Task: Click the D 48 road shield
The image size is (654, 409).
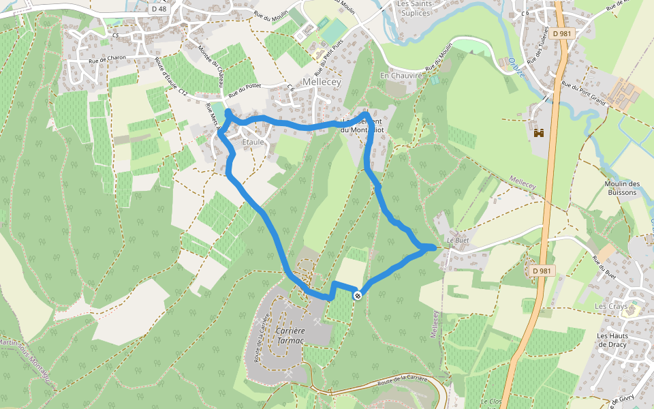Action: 159,9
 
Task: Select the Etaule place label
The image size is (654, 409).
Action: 253,142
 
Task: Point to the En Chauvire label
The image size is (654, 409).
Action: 402,76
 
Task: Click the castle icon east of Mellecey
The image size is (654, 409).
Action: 541,133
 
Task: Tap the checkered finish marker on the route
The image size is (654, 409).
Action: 357,295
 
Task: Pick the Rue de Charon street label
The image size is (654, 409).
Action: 107,59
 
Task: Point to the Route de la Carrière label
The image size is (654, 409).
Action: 401,381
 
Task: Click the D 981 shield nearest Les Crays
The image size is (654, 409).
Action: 542,271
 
